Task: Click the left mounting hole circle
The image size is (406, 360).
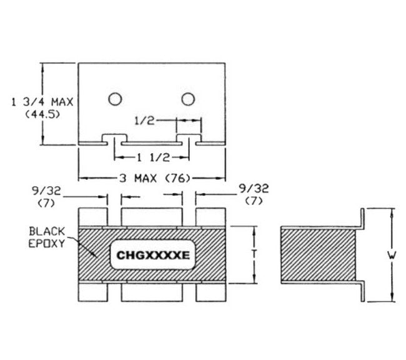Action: coord(114,99)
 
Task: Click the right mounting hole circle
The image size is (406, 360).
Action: coord(187,99)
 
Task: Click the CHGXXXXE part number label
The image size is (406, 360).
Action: coord(151,255)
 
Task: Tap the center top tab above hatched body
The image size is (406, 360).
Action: coord(151,216)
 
